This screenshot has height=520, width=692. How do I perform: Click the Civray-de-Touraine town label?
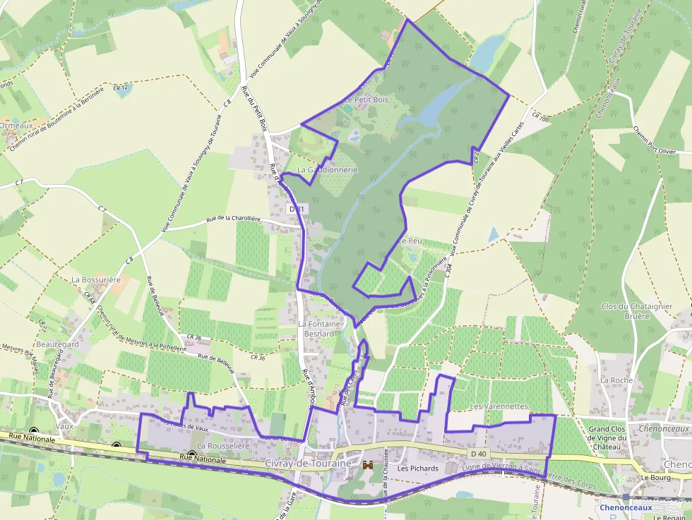[x=309, y=463]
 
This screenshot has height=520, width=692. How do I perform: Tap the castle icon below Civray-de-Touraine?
[x=367, y=465]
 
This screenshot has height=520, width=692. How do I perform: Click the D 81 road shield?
[x=297, y=209]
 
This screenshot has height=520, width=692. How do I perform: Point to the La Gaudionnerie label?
[x=327, y=170]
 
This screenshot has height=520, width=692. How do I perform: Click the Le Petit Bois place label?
[x=366, y=100]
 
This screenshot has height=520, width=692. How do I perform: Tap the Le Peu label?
[x=410, y=241]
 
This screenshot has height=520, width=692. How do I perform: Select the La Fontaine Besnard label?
[x=320, y=328]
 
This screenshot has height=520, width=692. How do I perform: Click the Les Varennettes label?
[x=499, y=406]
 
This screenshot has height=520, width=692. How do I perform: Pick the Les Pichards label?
[x=417, y=468]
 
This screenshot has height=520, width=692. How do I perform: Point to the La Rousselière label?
[x=224, y=446]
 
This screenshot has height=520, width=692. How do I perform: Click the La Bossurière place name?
[x=96, y=279]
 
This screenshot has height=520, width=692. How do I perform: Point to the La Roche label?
[x=616, y=380]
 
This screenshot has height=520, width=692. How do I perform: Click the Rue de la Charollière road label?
[x=233, y=219]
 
